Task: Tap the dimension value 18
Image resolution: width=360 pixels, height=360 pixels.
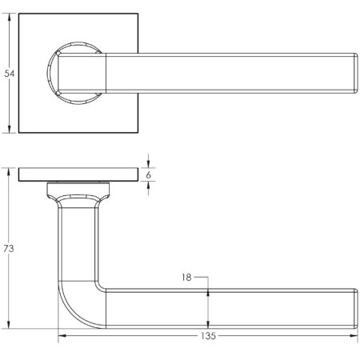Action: pyautogui.click(x=186, y=278)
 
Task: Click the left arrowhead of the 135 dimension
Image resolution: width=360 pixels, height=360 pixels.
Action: pyautogui.click(x=62, y=337)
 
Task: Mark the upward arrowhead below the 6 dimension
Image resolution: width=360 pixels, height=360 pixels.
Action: pyautogui.click(x=149, y=187)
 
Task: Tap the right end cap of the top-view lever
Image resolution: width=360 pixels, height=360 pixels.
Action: pyautogui.click(x=351, y=73)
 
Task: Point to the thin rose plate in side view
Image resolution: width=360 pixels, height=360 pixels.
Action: pyautogui.click(x=76, y=175)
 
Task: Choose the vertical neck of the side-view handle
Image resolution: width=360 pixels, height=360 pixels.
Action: pyautogui.click(x=78, y=240)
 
